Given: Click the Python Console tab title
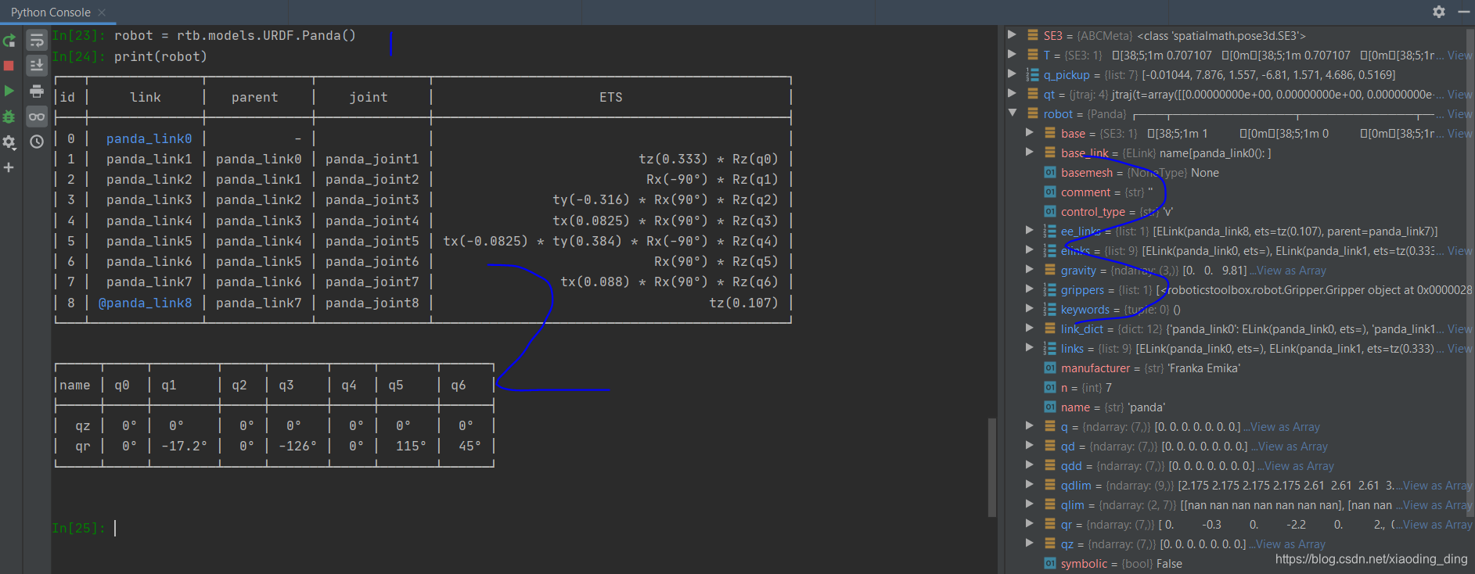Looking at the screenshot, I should (x=50, y=13).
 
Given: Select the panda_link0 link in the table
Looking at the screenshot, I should (x=149, y=138).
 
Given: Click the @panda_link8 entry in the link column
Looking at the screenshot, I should (x=145, y=303).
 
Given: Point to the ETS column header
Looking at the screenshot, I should (x=610, y=97).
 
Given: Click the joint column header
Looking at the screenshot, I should (x=368, y=97).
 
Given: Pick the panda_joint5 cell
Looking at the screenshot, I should (x=372, y=241).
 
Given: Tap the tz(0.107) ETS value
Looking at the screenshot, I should (x=743, y=303).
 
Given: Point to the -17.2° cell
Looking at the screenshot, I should (x=184, y=446).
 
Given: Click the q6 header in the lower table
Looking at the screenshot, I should (x=458, y=385).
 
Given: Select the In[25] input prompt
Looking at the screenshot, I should (x=77, y=528).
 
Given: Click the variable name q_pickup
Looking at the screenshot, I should (x=1066, y=75).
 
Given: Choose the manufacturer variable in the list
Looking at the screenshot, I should (x=1095, y=368).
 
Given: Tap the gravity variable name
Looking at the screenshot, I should (x=1078, y=271).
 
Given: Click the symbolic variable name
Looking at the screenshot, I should (x=1084, y=564).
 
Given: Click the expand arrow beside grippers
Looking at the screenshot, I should (x=1030, y=289).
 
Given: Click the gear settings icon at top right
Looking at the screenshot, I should (x=1438, y=12).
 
